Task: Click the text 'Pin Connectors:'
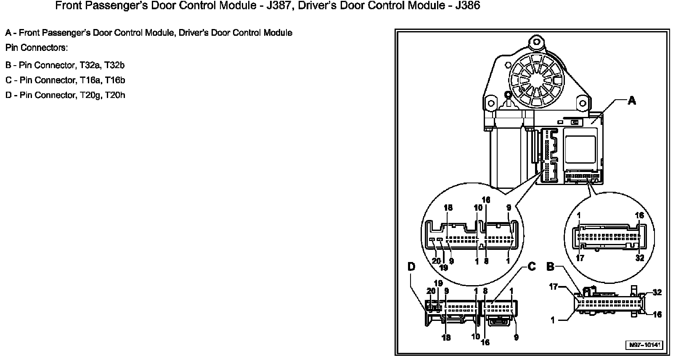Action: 37,48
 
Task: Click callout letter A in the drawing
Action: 632,101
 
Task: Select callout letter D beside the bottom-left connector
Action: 411,267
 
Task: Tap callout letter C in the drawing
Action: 531,267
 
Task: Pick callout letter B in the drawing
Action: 551,267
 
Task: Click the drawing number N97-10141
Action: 645,345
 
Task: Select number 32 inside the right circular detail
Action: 639,258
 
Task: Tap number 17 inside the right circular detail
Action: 580,258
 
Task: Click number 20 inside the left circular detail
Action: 436,261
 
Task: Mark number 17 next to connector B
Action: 553,287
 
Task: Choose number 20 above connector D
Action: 431,291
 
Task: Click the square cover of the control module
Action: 580,147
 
